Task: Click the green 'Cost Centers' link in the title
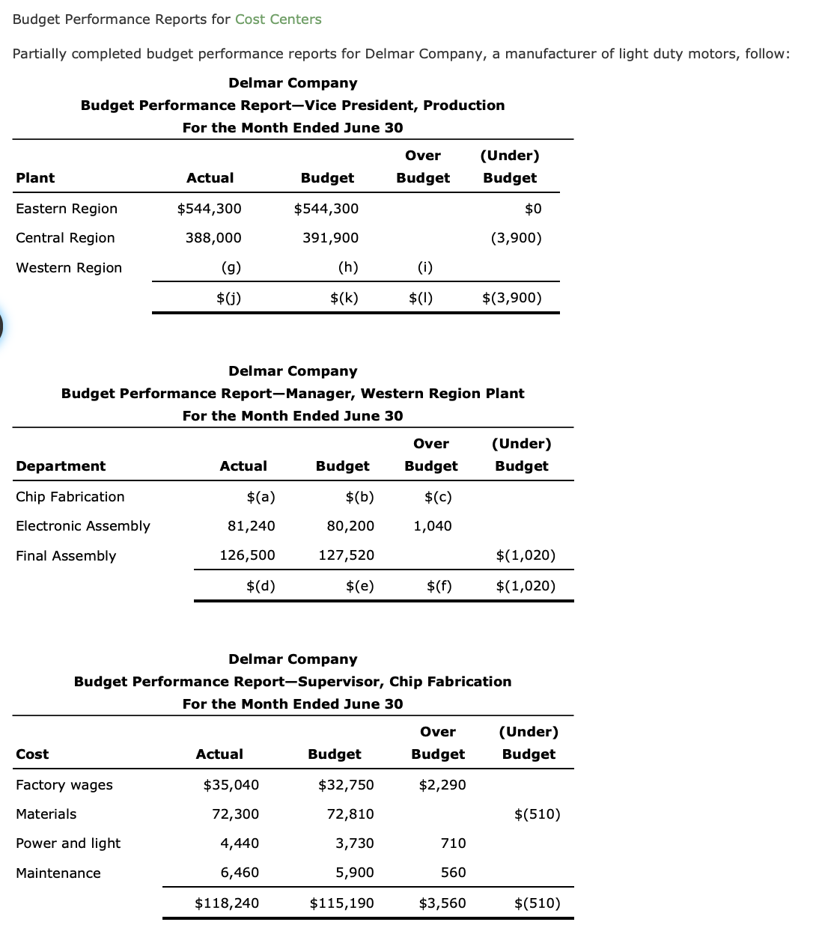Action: (278, 19)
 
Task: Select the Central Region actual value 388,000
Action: (213, 238)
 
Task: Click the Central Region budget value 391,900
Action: (330, 238)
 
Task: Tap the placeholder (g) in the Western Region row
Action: (231, 267)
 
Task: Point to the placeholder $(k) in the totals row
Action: (344, 298)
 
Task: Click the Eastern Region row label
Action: (67, 209)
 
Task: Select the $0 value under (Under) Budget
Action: (533, 209)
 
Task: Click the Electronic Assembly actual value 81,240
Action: (251, 526)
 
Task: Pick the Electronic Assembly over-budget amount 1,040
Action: (432, 526)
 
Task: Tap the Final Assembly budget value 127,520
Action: (346, 555)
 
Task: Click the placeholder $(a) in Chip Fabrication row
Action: (261, 497)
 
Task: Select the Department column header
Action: (61, 466)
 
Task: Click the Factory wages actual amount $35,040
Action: (231, 785)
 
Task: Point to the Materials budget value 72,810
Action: (350, 814)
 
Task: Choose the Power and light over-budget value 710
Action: (453, 843)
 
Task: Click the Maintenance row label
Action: (58, 873)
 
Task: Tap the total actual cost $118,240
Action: (227, 903)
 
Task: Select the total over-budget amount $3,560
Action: (442, 903)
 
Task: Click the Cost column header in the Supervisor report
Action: (32, 754)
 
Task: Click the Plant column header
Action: (35, 178)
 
